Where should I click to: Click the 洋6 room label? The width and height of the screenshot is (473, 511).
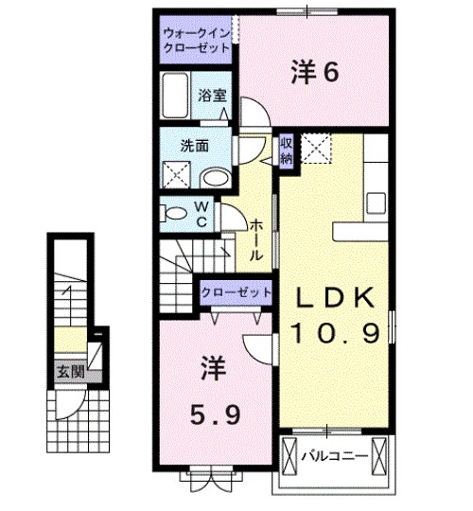click(314, 73)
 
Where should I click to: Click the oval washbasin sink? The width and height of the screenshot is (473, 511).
click(217, 176)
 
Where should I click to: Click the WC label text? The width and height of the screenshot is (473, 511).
click(202, 212)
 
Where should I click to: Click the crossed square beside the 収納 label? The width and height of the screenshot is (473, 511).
click(315, 147)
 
